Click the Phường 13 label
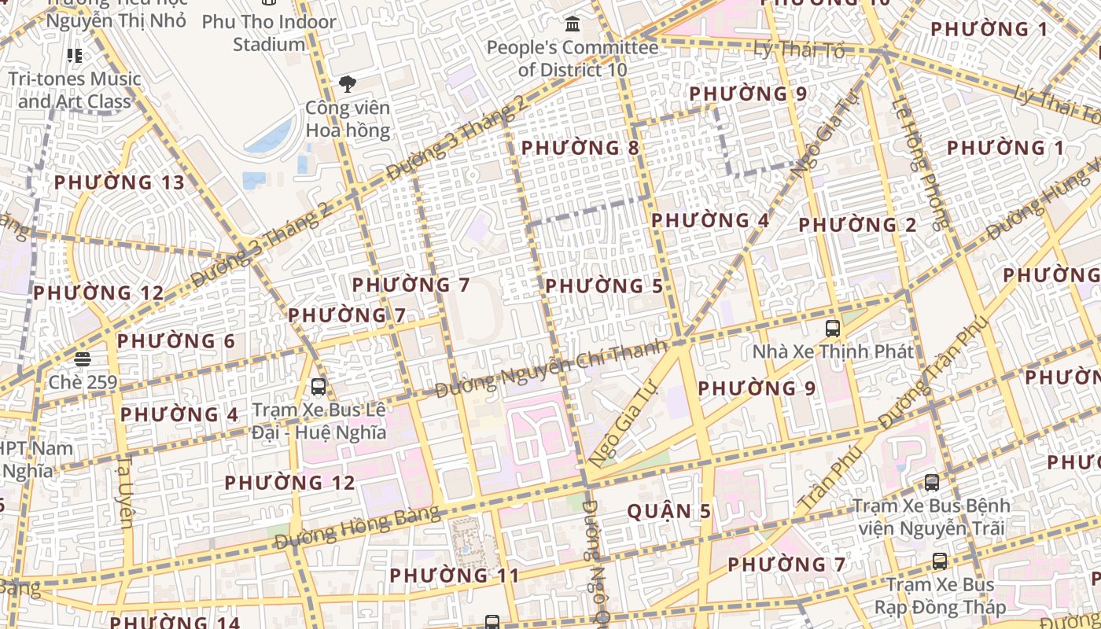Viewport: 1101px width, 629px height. (120, 182)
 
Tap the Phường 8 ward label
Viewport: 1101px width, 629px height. (580, 148)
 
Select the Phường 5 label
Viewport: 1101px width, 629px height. (604, 286)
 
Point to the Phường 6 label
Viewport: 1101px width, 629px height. (176, 341)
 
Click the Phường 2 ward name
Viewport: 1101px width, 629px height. (857, 225)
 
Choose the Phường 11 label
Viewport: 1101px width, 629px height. (455, 576)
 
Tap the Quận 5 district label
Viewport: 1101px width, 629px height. (668, 512)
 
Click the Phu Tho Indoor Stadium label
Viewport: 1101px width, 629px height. (269, 33)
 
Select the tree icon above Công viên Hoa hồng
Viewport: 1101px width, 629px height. (347, 84)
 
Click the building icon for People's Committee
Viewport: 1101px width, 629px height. (573, 24)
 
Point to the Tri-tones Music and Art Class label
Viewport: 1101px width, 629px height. (75, 90)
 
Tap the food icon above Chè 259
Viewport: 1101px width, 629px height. (83, 359)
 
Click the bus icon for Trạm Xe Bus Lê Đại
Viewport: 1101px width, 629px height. (319, 386)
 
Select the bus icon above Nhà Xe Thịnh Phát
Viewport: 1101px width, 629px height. (833, 328)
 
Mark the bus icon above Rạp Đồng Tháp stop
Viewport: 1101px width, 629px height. (940, 561)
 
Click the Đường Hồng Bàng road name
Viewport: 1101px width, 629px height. (358, 527)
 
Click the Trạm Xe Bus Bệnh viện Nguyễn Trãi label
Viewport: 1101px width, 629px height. (931, 516)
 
